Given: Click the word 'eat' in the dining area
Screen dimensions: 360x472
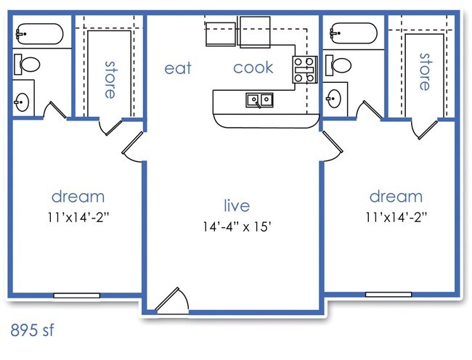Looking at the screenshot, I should pyautogui.click(x=178, y=68).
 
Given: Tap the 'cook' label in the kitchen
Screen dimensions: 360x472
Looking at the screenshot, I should pyautogui.click(x=253, y=67).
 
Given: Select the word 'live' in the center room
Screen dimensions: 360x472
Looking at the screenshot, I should pyautogui.click(x=236, y=206).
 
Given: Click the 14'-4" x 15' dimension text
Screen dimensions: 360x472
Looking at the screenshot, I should pyautogui.click(x=237, y=227).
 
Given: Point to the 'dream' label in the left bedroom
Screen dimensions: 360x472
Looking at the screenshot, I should pyautogui.click(x=78, y=196).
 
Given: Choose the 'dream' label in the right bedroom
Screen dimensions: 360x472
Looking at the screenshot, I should pyautogui.click(x=396, y=196).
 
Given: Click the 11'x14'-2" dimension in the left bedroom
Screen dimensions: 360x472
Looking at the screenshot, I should pyautogui.click(x=78, y=216).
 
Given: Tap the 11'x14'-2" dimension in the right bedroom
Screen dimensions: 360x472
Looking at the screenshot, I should pyautogui.click(x=396, y=216).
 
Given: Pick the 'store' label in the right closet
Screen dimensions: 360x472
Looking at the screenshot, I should pyautogui.click(x=423, y=70).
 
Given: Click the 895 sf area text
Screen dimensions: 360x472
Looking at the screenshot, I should pyautogui.click(x=33, y=330).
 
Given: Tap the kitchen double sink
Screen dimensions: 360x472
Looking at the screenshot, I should pyautogui.click(x=259, y=99).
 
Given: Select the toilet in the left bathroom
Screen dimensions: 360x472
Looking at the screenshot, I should pyautogui.click(x=28, y=65).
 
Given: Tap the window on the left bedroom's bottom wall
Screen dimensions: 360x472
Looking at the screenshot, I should pyautogui.click(x=77, y=295).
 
